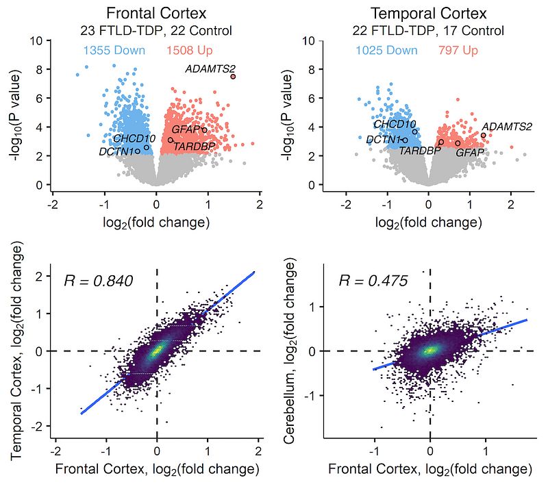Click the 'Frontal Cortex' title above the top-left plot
157,14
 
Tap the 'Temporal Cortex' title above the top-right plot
429,14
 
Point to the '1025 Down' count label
386,51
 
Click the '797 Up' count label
458,51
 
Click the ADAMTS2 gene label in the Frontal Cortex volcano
210,68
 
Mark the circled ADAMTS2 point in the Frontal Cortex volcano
234,76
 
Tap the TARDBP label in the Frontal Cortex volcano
194,146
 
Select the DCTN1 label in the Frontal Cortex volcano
116,151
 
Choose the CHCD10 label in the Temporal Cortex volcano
395,125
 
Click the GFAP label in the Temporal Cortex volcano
470,152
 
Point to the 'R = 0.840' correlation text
98,280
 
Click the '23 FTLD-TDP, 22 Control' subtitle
157,31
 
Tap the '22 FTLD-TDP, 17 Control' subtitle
429,31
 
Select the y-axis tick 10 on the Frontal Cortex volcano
38,41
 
